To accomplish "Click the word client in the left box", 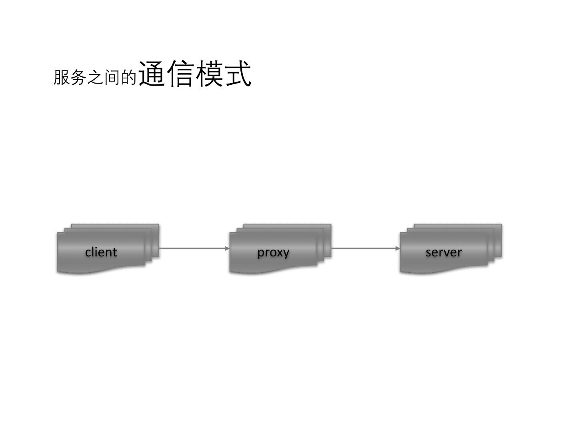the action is point(101,252).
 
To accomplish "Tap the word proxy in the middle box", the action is point(273,252).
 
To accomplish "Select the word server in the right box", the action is point(443,252).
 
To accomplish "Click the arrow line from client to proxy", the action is point(192,248).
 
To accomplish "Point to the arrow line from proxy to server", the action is point(364,248).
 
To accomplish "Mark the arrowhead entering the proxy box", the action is point(227,248).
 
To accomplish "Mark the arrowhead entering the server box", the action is point(398,248).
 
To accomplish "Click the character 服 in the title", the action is point(62,77).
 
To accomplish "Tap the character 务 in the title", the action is point(78,77).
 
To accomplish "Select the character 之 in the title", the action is point(95,77).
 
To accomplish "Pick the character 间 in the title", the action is point(112,77).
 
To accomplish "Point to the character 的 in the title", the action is point(129,77).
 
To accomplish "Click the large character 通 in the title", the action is point(152,74).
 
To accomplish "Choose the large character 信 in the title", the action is point(181,74).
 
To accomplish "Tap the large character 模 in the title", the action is point(209,74).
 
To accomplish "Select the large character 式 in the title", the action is point(238,74).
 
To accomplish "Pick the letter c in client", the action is point(88,252).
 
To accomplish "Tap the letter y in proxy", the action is point(286,254).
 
